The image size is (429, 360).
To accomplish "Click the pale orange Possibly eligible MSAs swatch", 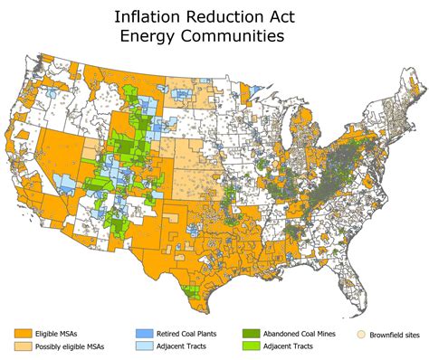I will pyautogui.click(x=24, y=346).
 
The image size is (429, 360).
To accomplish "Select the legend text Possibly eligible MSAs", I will pyautogui.click(x=75, y=346).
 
